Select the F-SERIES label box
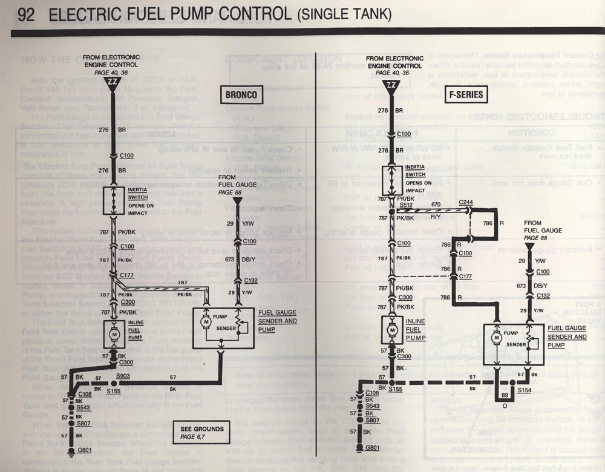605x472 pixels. pyautogui.click(x=467, y=94)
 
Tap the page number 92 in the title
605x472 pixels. pyautogui.click(x=25, y=13)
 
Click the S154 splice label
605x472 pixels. pyautogui.click(x=525, y=392)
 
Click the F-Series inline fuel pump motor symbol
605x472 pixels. pyautogui.click(x=392, y=330)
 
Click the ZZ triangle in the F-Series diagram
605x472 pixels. pyautogui.click(x=391, y=80)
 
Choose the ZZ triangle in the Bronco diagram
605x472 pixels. pyautogui.click(x=113, y=80)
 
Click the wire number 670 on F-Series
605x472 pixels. pyautogui.click(x=436, y=205)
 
